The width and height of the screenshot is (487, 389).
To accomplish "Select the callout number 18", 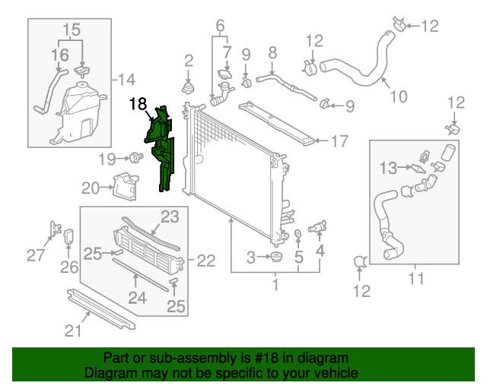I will pyautogui.click(x=138, y=104).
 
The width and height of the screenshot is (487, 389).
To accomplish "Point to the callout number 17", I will pyautogui.click(x=339, y=141).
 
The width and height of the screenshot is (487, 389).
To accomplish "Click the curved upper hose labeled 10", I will pyautogui.click(x=358, y=70).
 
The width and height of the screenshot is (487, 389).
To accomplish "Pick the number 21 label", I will pyautogui.click(x=72, y=330).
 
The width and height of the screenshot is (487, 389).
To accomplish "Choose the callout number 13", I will pyautogui.click(x=388, y=167).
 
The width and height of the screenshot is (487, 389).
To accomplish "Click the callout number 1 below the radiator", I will pyautogui.click(x=275, y=286).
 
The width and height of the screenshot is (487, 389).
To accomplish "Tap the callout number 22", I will pyautogui.click(x=206, y=261).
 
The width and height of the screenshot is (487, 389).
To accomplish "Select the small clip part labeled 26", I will pyautogui.click(x=67, y=237).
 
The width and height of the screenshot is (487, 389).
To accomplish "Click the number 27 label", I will pyautogui.click(x=36, y=255).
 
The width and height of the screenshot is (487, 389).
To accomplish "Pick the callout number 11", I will pyautogui.click(x=415, y=279).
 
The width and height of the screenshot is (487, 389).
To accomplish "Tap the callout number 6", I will pyautogui.click(x=220, y=26).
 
